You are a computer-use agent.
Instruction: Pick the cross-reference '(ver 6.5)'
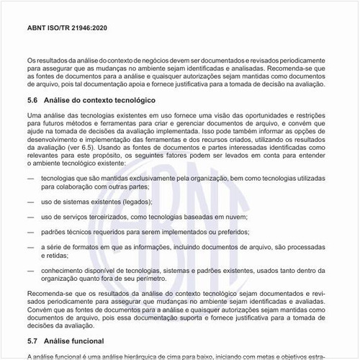click(89, 145)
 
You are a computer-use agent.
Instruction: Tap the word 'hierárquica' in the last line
click(108, 355)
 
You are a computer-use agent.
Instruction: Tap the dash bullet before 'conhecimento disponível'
click(31, 270)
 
